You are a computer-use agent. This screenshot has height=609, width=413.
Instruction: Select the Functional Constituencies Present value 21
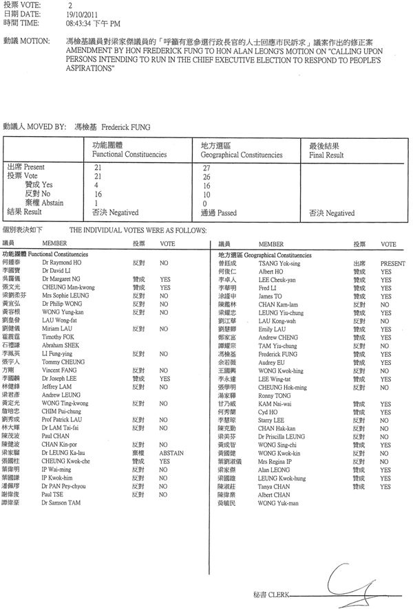click(x=97, y=168)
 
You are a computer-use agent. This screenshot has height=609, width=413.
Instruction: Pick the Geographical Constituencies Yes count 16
click(x=204, y=186)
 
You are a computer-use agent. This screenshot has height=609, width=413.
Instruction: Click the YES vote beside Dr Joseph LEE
click(x=165, y=378)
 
